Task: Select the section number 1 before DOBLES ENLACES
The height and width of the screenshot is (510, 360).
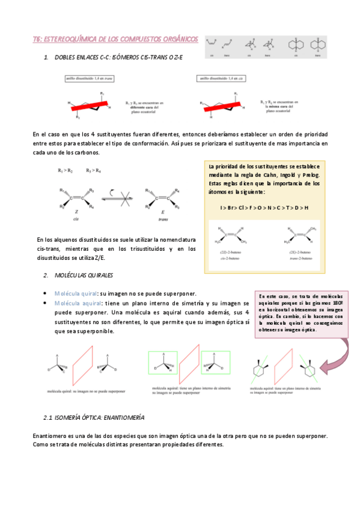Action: (x=46, y=57)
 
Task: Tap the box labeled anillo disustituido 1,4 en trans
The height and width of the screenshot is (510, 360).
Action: (x=90, y=79)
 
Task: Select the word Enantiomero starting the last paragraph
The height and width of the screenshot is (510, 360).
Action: (x=50, y=435)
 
